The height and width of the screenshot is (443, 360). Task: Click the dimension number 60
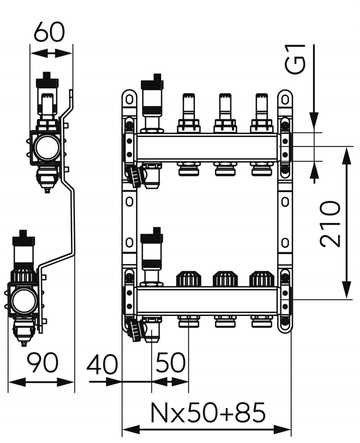49,32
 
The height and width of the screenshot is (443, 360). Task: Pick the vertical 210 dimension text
331,224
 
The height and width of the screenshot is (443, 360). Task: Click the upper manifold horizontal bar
207,147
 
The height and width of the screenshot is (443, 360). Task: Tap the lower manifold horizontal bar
207,300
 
